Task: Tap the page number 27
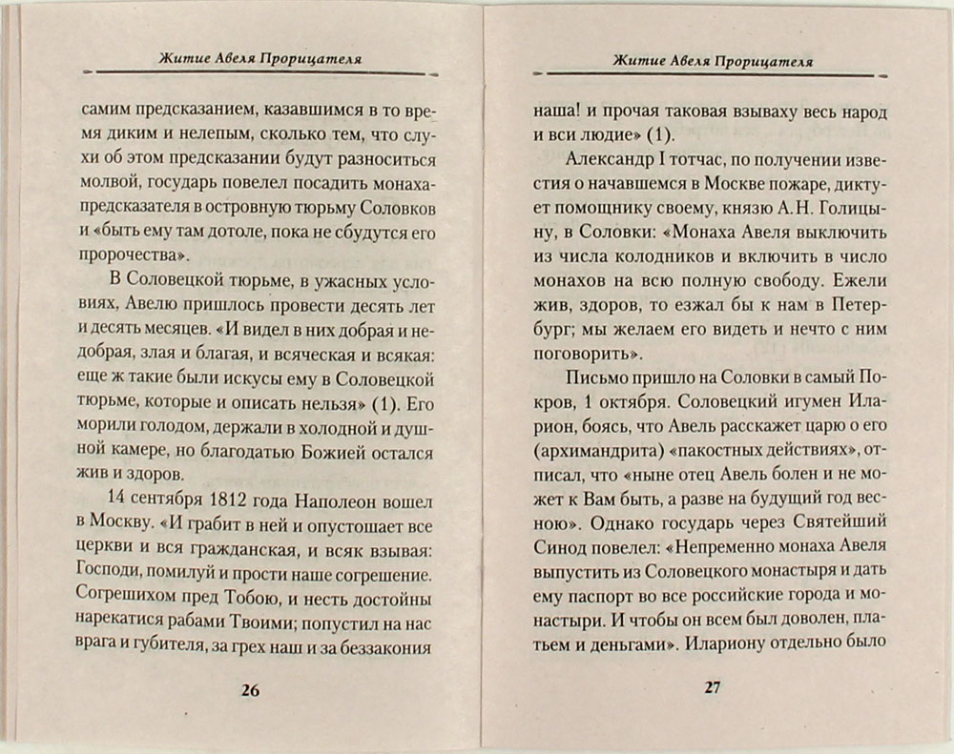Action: [713, 688]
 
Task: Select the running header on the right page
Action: [713, 60]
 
